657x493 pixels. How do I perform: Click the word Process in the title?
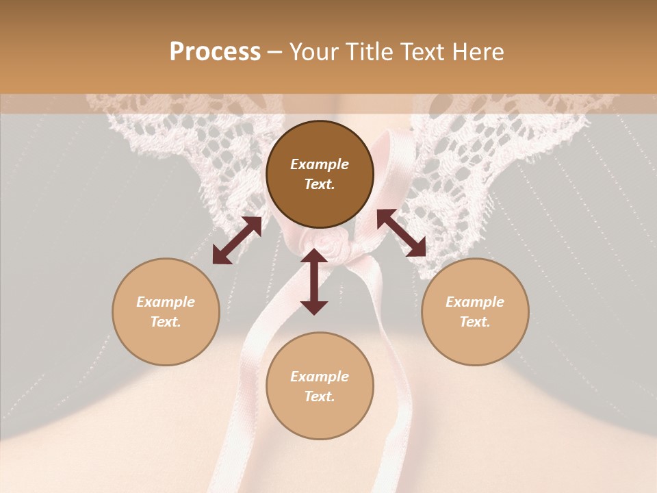point(215,52)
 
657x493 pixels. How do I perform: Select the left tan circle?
point(166,312)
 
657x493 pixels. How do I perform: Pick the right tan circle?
point(475,312)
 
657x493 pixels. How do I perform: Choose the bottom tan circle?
point(320,386)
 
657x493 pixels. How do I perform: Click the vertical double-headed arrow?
point(314,281)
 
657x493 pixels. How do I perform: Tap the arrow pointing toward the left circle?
point(237,240)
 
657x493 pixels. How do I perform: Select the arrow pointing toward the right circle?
point(401,233)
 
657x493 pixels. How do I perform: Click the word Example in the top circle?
point(320,164)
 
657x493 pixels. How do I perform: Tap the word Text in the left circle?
point(166,323)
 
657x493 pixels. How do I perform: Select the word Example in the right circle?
point(475,302)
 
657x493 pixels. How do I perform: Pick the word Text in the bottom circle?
point(320,397)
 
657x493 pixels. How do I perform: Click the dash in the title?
point(275,52)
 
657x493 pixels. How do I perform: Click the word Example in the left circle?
point(166,302)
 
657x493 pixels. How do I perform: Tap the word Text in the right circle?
point(475,323)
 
